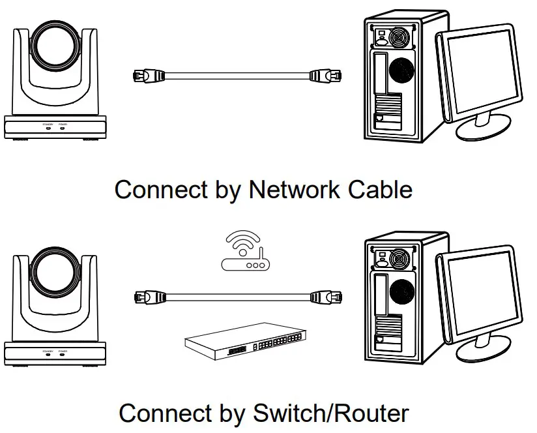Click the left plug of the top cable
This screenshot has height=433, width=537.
pos(147,74)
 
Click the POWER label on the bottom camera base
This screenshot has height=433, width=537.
pos(63,351)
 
